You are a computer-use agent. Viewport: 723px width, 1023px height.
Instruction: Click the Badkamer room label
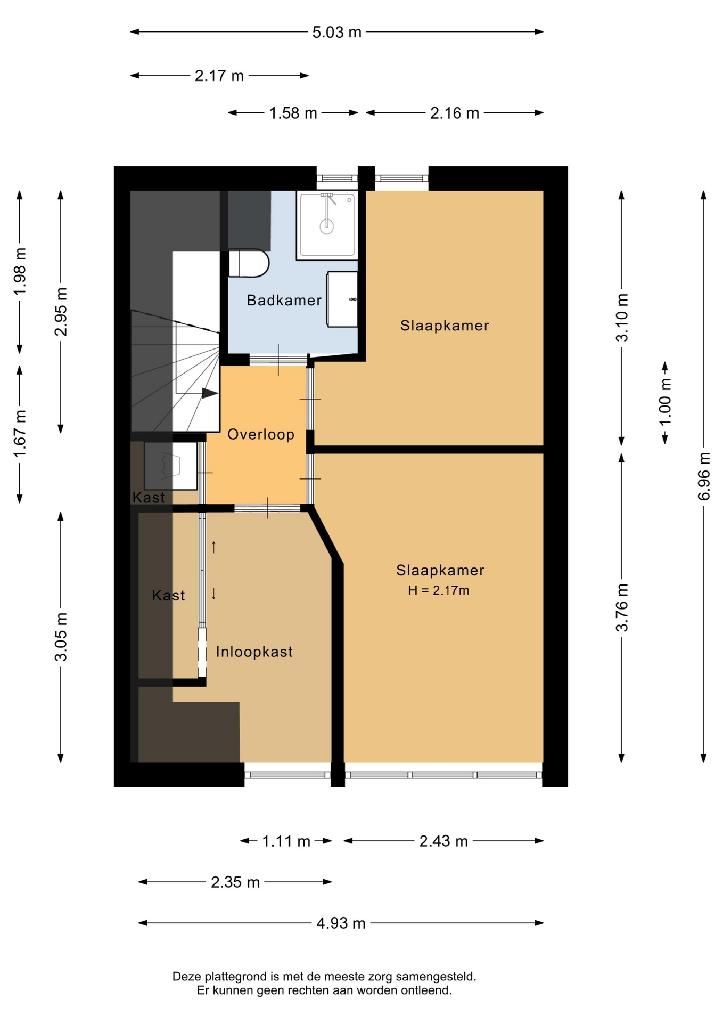coord(284,301)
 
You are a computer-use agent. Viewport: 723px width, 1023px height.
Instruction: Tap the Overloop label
coord(261,435)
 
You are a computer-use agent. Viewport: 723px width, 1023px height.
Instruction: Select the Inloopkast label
coord(254,652)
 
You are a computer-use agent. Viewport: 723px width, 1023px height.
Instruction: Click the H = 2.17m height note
coord(439,590)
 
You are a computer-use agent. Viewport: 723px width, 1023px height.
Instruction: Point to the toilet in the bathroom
coord(249,263)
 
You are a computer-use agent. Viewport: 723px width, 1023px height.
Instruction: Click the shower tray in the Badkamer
coord(327,225)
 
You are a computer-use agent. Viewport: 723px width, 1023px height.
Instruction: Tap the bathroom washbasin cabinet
coord(342,299)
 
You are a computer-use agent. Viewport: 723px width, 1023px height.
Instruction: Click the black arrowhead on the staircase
coord(210,393)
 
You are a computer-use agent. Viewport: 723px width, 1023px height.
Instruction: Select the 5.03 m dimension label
coord(337,33)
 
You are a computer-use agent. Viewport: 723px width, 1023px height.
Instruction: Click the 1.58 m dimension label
coord(293,113)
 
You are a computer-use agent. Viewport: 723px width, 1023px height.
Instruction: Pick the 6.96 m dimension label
coord(704,476)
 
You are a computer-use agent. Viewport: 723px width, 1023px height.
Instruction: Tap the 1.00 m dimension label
coord(666,402)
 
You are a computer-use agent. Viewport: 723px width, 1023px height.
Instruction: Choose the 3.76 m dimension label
coord(622,608)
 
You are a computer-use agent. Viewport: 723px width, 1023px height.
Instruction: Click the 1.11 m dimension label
coord(286,841)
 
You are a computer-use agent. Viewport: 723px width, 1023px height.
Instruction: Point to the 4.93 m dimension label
coord(341,923)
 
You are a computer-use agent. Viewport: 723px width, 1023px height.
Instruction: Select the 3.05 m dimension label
coord(61,637)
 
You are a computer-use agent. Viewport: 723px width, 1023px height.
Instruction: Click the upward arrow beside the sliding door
coord(214,547)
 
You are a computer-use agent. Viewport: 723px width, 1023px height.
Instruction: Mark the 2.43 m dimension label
coord(443,841)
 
